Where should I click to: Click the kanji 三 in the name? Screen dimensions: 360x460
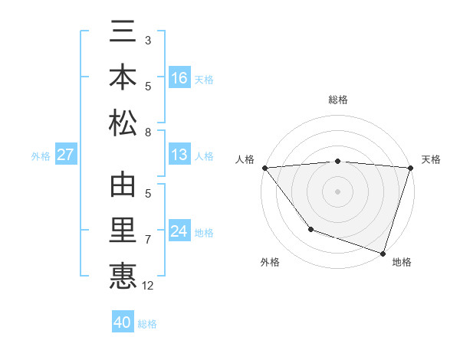[123, 35]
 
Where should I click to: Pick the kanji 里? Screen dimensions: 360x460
[123, 230]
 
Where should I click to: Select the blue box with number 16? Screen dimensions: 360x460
[179, 78]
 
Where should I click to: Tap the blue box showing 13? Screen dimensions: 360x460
[179, 155]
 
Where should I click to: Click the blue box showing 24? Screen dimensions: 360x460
[179, 232]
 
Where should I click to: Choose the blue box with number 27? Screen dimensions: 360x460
[66, 155]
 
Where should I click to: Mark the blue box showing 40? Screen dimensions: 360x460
[123, 322]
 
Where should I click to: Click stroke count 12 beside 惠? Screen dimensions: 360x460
[148, 286]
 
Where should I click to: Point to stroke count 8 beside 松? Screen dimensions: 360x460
[148, 133]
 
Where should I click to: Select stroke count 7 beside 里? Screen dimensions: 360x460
[148, 240]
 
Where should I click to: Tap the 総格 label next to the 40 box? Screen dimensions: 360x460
[147, 324]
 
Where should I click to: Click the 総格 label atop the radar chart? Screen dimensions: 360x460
[337, 100]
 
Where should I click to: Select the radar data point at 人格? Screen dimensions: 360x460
[264, 168]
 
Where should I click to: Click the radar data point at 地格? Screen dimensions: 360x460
[383, 253]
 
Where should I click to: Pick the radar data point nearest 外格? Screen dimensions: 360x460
[310, 229]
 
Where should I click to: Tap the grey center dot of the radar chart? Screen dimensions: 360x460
[337, 191]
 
